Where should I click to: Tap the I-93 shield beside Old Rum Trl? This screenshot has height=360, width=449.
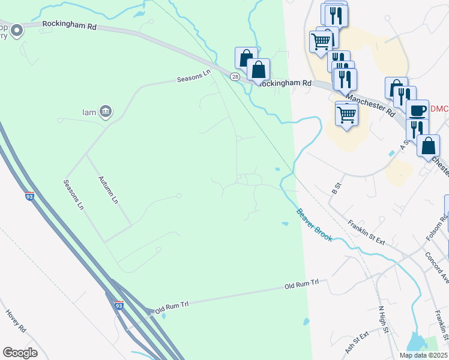pyautogui.click(x=119, y=306)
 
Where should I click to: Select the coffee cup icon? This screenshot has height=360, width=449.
pyautogui.click(x=418, y=110)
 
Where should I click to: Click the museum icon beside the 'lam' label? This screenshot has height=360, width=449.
pyautogui.click(x=106, y=110)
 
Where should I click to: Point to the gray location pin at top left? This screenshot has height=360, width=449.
pyautogui.click(x=16, y=29)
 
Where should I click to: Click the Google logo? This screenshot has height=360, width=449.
pyautogui.click(x=20, y=353)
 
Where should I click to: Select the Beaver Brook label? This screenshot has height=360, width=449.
pyautogui.click(x=314, y=225)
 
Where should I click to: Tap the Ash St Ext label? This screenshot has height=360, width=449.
pyautogui.click(x=357, y=343)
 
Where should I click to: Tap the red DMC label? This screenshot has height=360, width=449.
pyautogui.click(x=440, y=109)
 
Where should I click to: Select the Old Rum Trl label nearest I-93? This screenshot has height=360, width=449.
pyautogui.click(x=172, y=308)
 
